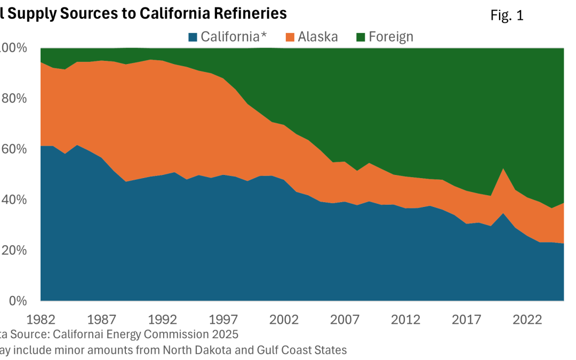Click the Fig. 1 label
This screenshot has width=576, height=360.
[507, 16]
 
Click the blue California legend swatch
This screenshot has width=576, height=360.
[193, 37]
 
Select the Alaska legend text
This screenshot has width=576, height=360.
[318, 37]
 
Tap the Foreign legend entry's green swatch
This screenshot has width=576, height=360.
[361, 37]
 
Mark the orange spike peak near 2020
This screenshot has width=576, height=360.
[503, 169]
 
